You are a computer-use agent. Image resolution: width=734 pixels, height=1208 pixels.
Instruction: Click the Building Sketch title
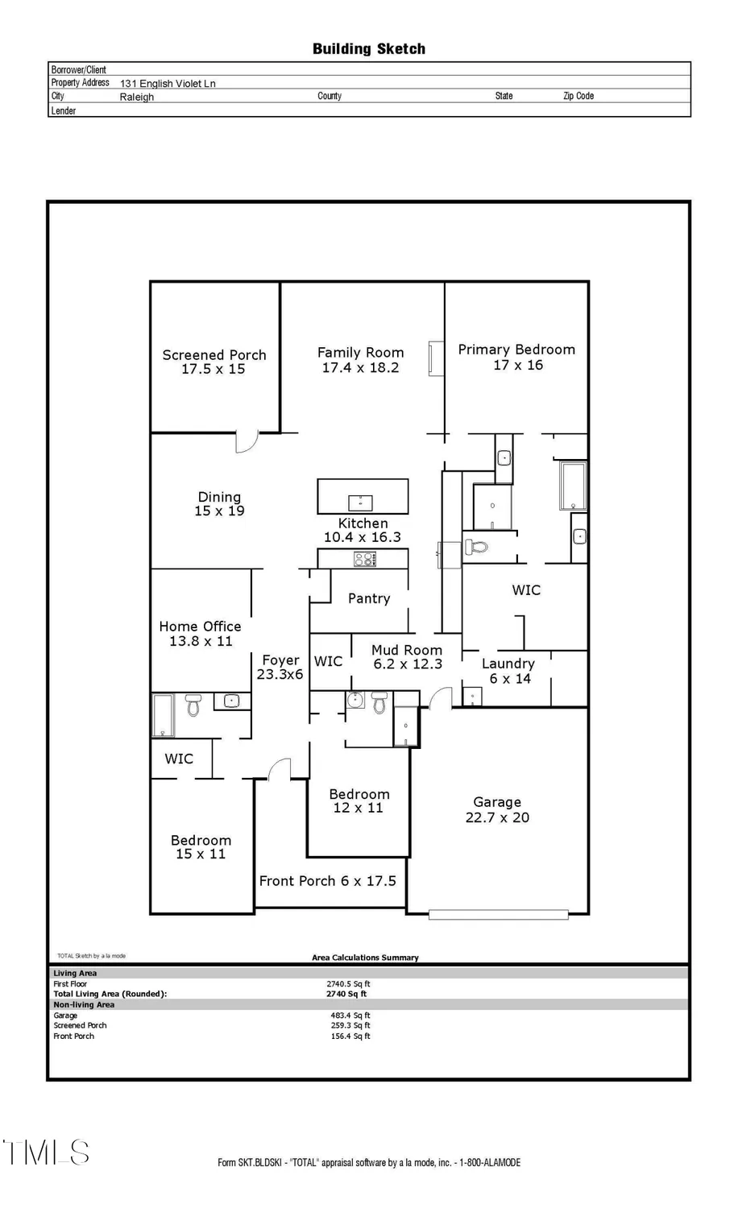coord(368,49)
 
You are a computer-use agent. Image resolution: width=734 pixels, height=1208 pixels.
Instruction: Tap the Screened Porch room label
coord(214,355)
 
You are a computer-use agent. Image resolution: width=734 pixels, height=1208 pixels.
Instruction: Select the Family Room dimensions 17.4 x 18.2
coord(360,368)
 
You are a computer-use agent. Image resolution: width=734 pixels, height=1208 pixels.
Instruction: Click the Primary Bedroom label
coord(516,350)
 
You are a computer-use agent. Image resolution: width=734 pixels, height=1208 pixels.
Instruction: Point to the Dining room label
coord(219,497)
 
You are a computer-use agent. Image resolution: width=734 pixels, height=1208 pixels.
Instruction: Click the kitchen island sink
coord(360,503)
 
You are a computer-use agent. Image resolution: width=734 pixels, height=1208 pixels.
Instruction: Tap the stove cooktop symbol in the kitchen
coord(364,559)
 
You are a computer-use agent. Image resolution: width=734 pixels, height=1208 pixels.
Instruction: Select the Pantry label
coord(368,598)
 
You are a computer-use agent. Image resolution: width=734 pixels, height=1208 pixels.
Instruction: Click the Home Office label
coord(200,627)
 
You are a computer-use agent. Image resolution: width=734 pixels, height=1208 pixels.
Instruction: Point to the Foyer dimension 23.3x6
coord(280,675)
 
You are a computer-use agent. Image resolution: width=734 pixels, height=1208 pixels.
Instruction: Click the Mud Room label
coord(406,650)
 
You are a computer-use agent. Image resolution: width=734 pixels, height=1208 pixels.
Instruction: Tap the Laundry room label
coord(508,664)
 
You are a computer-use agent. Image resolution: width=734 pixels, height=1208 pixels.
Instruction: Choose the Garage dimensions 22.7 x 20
coord(497,817)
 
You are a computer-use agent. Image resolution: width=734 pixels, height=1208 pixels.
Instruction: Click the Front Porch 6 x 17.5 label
coord(327,881)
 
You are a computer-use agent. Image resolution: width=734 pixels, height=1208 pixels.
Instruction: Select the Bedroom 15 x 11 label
coord(201,847)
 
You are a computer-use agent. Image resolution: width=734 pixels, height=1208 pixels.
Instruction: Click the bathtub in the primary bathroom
coord(573,486)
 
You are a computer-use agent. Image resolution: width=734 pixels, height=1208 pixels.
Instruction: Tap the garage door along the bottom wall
coord(498,915)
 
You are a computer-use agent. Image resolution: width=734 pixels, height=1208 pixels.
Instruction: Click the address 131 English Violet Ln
coord(168,83)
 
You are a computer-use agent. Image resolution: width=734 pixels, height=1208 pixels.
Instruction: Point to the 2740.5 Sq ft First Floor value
coord(348,984)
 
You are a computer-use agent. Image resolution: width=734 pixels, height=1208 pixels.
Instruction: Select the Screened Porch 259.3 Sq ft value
coord(350,1026)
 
